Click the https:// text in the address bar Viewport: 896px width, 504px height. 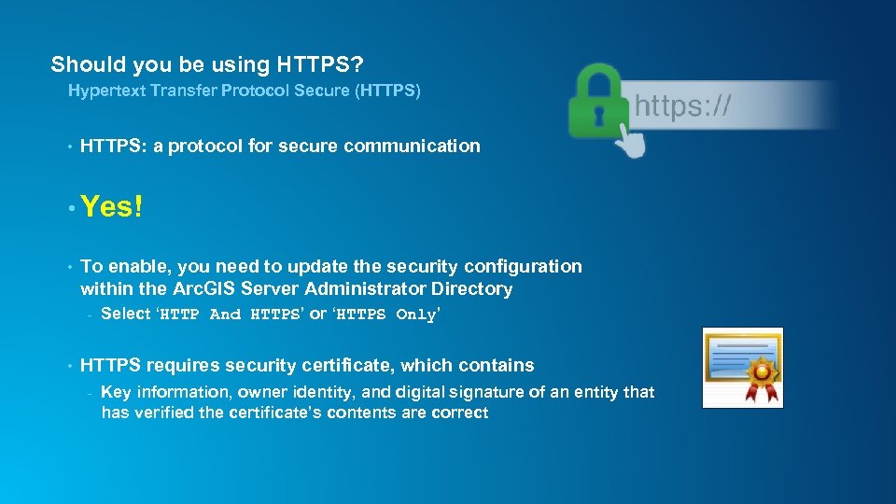(682, 106)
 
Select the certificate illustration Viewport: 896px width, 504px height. (742, 367)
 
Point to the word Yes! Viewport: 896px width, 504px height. (111, 207)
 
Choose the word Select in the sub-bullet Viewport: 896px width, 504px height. (125, 314)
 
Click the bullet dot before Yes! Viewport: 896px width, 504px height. (70, 208)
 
